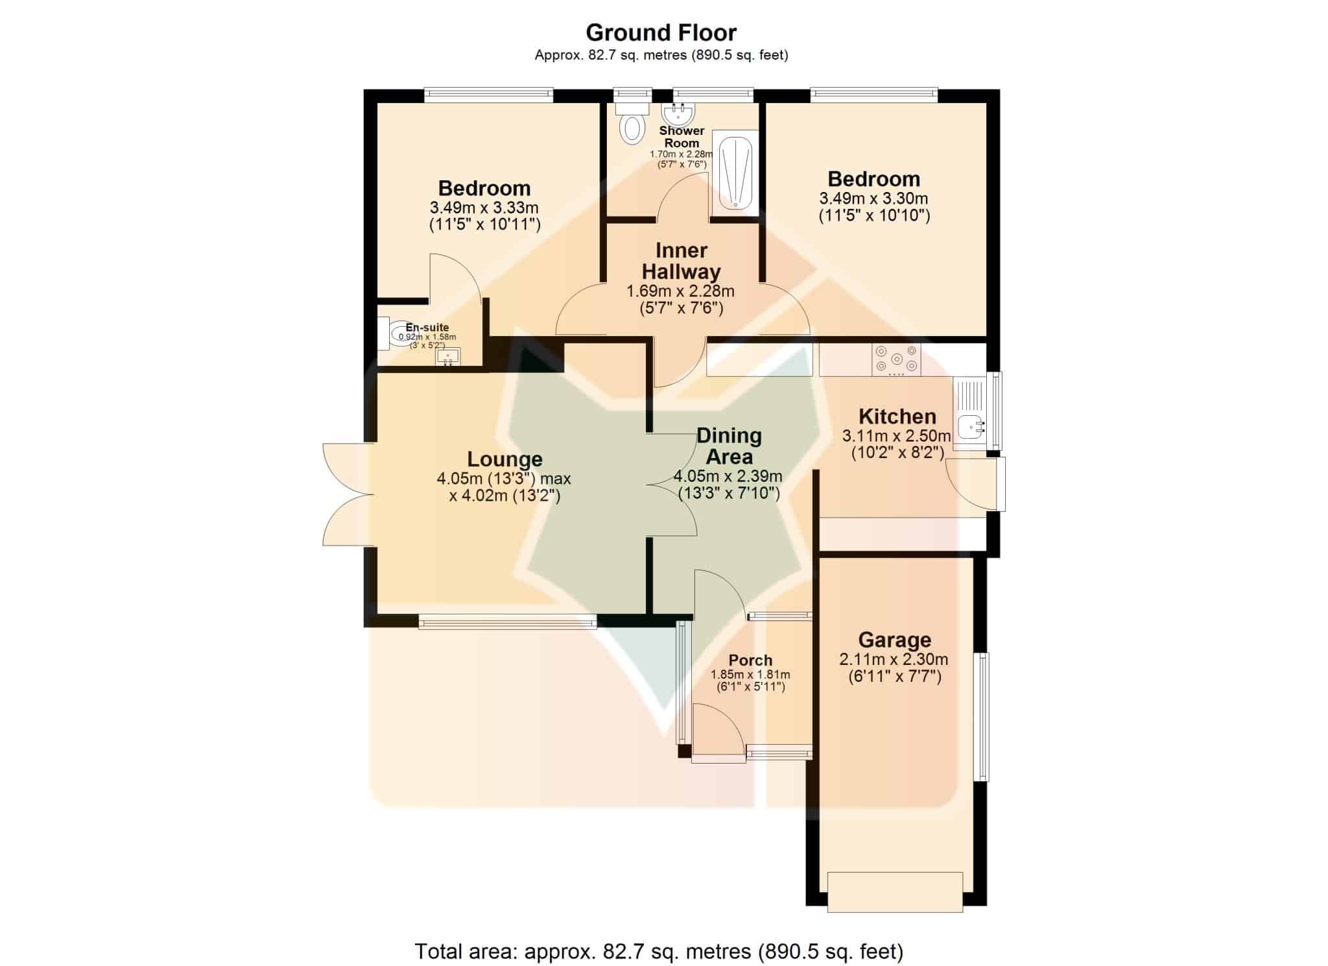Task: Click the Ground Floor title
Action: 661,32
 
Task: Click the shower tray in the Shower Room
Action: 735,171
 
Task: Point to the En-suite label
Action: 427,328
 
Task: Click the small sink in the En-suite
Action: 447,357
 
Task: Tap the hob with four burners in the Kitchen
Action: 896,359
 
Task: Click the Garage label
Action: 894,640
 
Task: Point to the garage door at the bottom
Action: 895,892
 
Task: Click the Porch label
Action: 750,660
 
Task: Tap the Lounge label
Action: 504,459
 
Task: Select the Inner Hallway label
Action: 681,261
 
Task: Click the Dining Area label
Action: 729,446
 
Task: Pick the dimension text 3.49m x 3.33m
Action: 484,208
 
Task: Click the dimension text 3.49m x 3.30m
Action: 873,199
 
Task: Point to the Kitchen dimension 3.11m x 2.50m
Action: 896,435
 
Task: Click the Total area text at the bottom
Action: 659,952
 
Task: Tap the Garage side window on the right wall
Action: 982,716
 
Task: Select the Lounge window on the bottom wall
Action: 507,623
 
